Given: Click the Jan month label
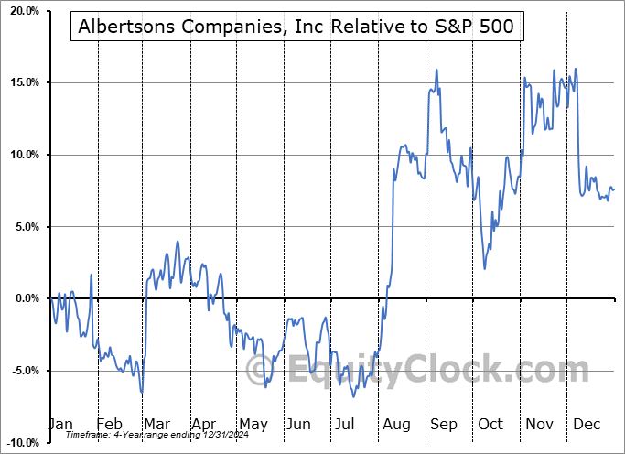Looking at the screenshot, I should [x=59, y=425].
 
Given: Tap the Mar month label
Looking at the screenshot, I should [x=156, y=425].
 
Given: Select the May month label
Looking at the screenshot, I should [x=253, y=425].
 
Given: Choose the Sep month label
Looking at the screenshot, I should [x=443, y=425].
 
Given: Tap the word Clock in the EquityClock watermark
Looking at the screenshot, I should [x=512, y=370].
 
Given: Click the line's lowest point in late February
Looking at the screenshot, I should [x=142, y=393].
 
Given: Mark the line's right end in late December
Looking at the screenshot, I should [x=613, y=189].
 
